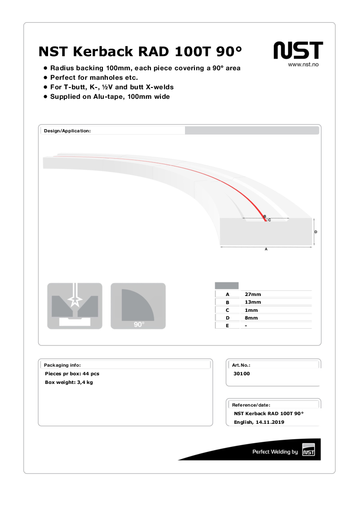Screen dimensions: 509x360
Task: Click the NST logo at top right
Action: click(298, 50)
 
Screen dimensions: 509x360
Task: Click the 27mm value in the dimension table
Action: click(253, 294)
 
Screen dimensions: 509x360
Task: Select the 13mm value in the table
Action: click(253, 302)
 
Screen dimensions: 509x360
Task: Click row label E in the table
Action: click(227, 326)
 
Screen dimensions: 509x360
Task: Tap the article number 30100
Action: click(242, 374)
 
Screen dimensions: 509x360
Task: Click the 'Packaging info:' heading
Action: click(62, 365)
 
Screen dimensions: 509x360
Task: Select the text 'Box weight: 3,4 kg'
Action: click(69, 383)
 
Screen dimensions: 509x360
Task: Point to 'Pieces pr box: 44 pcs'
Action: click(72, 374)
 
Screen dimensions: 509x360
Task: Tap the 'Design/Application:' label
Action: click(67, 131)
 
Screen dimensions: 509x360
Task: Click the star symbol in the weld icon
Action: click(75, 300)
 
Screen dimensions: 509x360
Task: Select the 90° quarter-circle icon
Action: click(138, 305)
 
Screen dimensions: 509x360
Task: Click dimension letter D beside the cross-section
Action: click(316, 232)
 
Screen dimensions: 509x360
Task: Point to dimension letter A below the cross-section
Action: click(266, 250)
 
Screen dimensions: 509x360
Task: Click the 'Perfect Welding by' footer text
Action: click(275, 452)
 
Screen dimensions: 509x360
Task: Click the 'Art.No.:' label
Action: click(241, 365)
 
